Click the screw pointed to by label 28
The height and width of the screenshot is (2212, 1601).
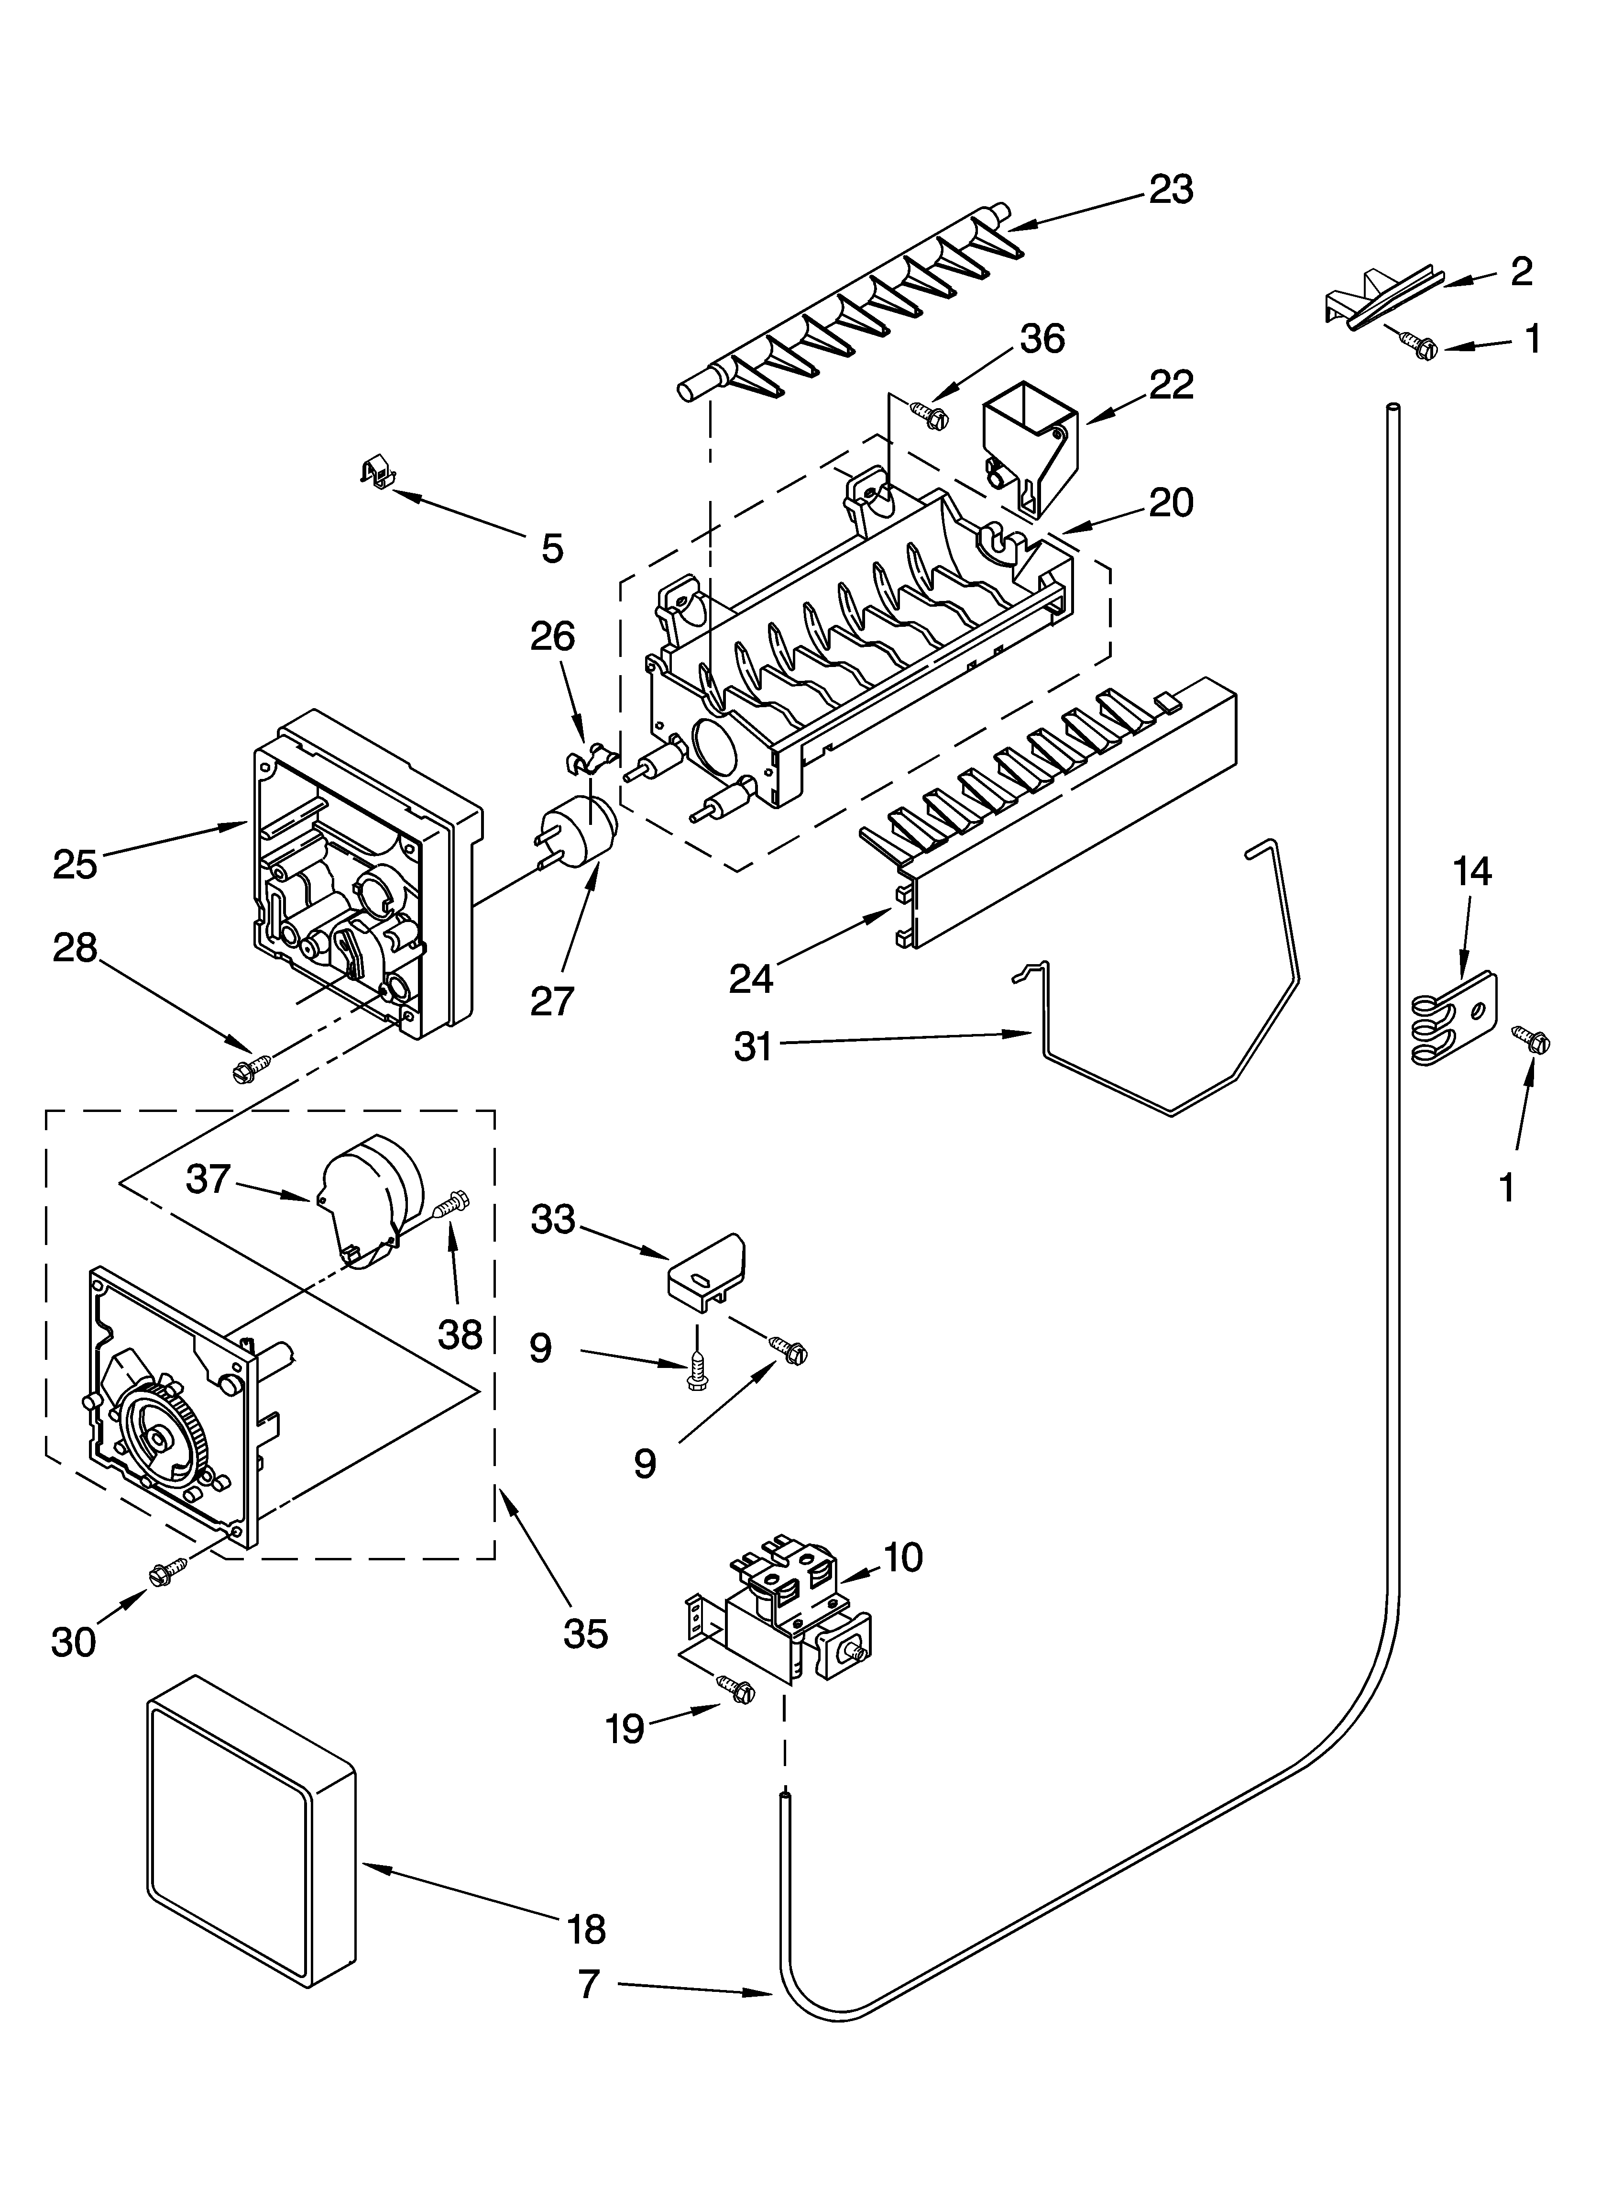245,1069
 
